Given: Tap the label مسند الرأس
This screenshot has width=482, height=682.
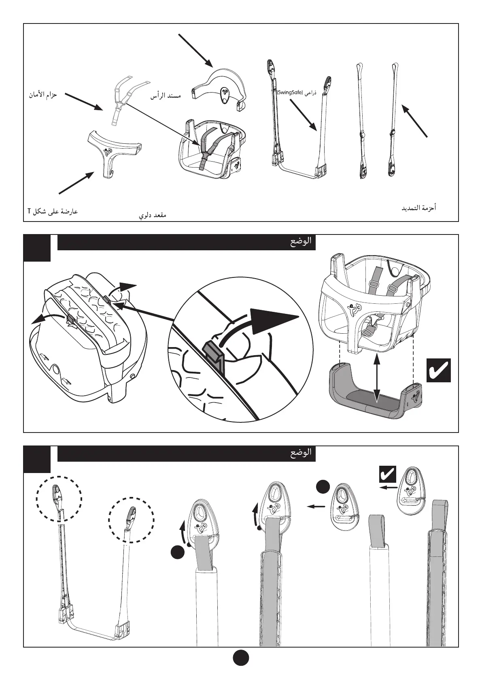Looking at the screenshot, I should click(x=165, y=96).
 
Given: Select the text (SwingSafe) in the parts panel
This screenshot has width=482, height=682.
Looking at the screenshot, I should click(x=290, y=93).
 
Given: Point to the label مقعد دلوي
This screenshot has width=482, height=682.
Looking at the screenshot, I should click(x=153, y=215).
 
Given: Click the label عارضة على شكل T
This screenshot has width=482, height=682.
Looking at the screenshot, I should click(x=53, y=211).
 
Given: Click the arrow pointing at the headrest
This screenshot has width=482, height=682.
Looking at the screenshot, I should click(x=195, y=50).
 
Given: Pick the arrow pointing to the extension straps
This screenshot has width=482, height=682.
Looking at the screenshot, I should click(x=414, y=121).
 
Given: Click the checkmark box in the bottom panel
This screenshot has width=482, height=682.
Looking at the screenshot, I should click(x=387, y=474).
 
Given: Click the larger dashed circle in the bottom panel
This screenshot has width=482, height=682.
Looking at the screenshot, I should click(x=59, y=497).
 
